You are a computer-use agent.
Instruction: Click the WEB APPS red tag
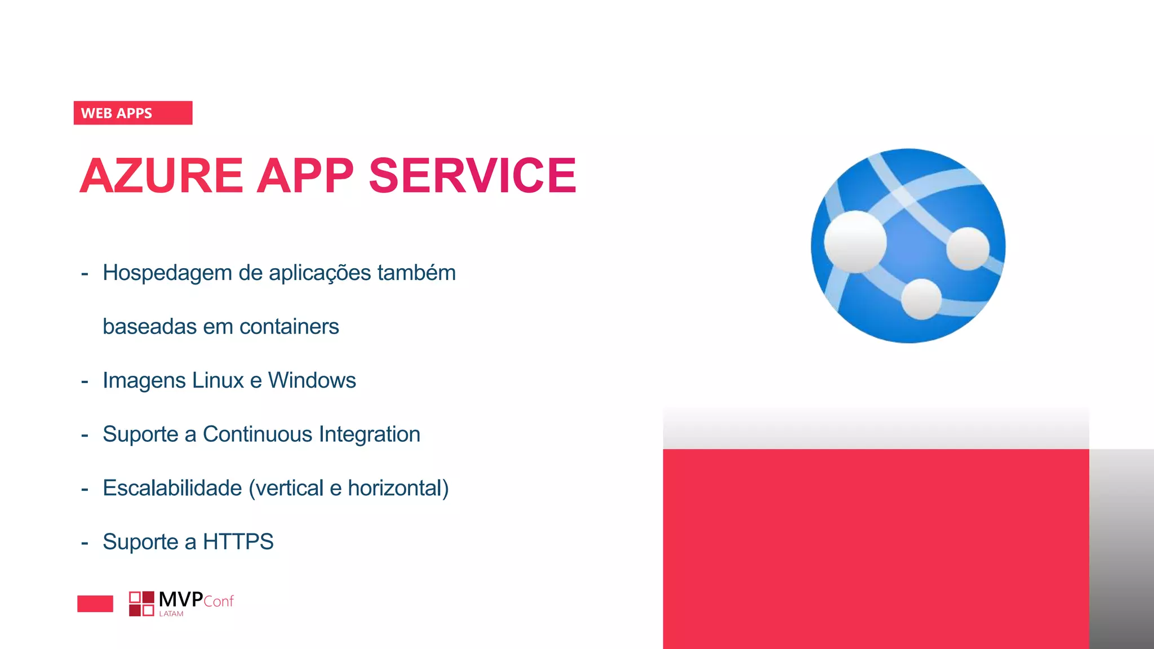(x=132, y=113)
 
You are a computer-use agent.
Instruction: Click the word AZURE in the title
(x=161, y=176)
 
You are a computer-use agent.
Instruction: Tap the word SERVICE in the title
(x=472, y=176)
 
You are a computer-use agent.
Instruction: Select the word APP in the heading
(x=305, y=176)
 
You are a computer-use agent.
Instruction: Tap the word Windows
(x=312, y=381)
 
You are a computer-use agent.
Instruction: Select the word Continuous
(x=258, y=434)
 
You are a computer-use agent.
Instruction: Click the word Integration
(x=370, y=434)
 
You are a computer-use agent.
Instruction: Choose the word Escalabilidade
(x=172, y=488)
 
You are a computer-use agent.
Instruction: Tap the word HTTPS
(x=238, y=542)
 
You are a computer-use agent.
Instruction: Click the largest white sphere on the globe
(x=855, y=242)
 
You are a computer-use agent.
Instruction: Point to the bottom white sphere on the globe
(x=921, y=299)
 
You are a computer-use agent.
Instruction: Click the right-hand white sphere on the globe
(x=967, y=248)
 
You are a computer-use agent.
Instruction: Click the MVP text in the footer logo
(x=181, y=599)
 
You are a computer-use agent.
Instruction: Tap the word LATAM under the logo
(x=171, y=614)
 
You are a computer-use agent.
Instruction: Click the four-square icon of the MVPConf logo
(x=141, y=604)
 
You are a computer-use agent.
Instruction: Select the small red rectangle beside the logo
(x=95, y=604)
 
